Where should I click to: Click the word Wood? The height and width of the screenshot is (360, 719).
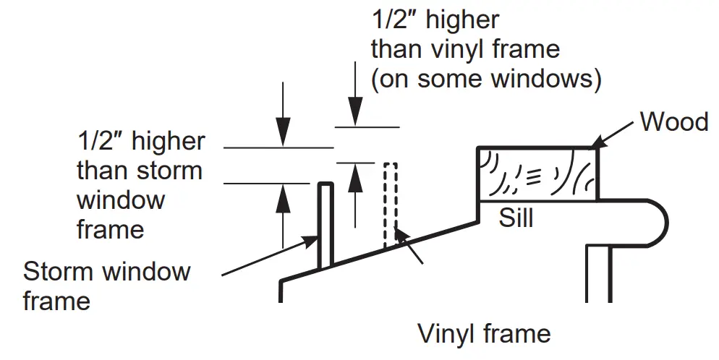coord(673,121)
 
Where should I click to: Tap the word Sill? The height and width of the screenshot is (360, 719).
coord(516,217)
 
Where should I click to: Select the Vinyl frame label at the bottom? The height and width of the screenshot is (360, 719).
coord(484,334)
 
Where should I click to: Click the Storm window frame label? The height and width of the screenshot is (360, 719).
coord(107,286)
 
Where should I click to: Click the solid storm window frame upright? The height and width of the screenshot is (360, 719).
coord(326,224)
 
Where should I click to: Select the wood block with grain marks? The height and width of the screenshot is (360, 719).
coord(537,173)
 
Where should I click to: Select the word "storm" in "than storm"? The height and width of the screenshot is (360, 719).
coord(171,171)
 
